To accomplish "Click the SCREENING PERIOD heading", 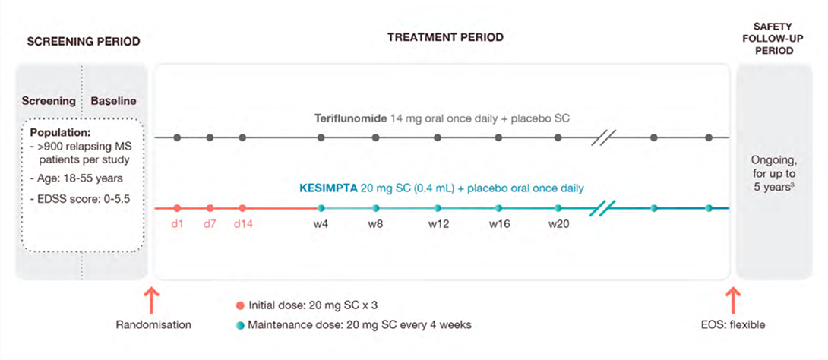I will [83, 42].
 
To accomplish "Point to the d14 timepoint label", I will [243, 224].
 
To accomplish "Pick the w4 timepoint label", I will [321, 224].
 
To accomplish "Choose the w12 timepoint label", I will [438, 224].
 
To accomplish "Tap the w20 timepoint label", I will [558, 224].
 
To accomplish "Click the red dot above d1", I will [176, 208].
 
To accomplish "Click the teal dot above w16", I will [499, 208].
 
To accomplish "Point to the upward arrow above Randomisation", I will [150, 299].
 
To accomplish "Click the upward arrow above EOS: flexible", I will [733, 299].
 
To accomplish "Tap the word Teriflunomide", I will [348, 119].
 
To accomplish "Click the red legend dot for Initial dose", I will [241, 306].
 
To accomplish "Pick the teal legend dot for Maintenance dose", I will [241, 325].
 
